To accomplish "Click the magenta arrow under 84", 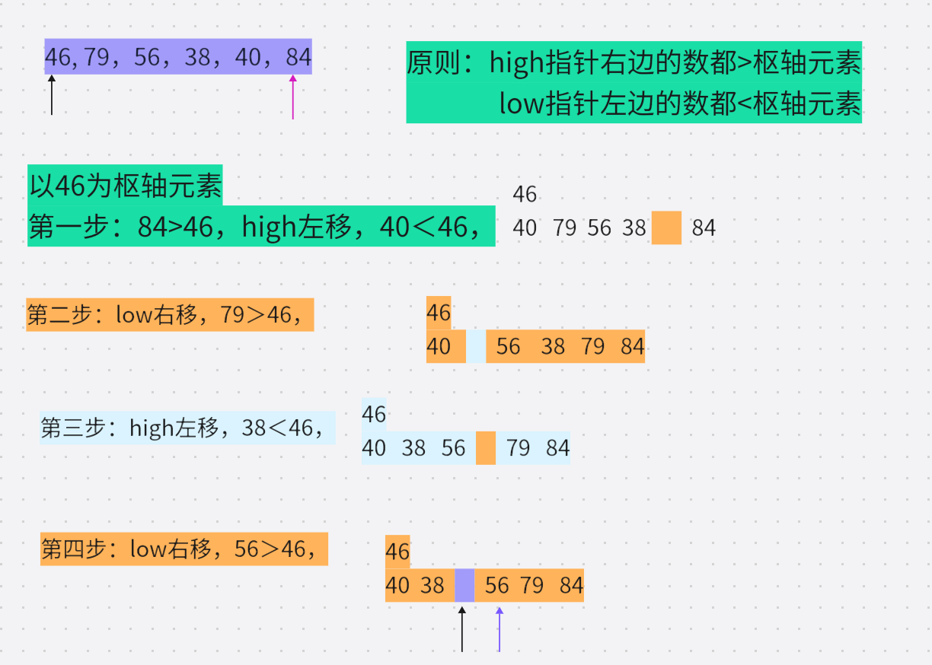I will (x=292, y=97).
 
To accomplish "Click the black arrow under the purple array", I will (x=52, y=95).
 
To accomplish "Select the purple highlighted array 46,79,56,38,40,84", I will (x=178, y=57).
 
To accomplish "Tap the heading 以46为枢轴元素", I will (x=125, y=186).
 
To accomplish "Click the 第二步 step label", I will (x=170, y=314).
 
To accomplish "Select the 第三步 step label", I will (x=187, y=428).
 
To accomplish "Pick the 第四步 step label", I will (x=184, y=549).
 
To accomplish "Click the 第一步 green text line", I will (x=261, y=226).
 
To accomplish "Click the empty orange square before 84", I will (x=666, y=228).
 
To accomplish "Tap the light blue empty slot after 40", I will (x=476, y=346).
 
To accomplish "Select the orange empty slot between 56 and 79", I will (x=486, y=447).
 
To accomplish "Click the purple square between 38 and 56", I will (x=464, y=585).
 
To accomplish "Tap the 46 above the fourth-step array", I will (x=397, y=551).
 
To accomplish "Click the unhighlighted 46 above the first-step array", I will (x=525, y=194).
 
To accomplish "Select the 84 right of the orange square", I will (x=704, y=228).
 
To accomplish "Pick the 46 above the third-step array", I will (x=374, y=414).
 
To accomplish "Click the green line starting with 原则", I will (x=634, y=62).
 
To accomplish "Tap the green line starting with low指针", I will (x=679, y=103).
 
